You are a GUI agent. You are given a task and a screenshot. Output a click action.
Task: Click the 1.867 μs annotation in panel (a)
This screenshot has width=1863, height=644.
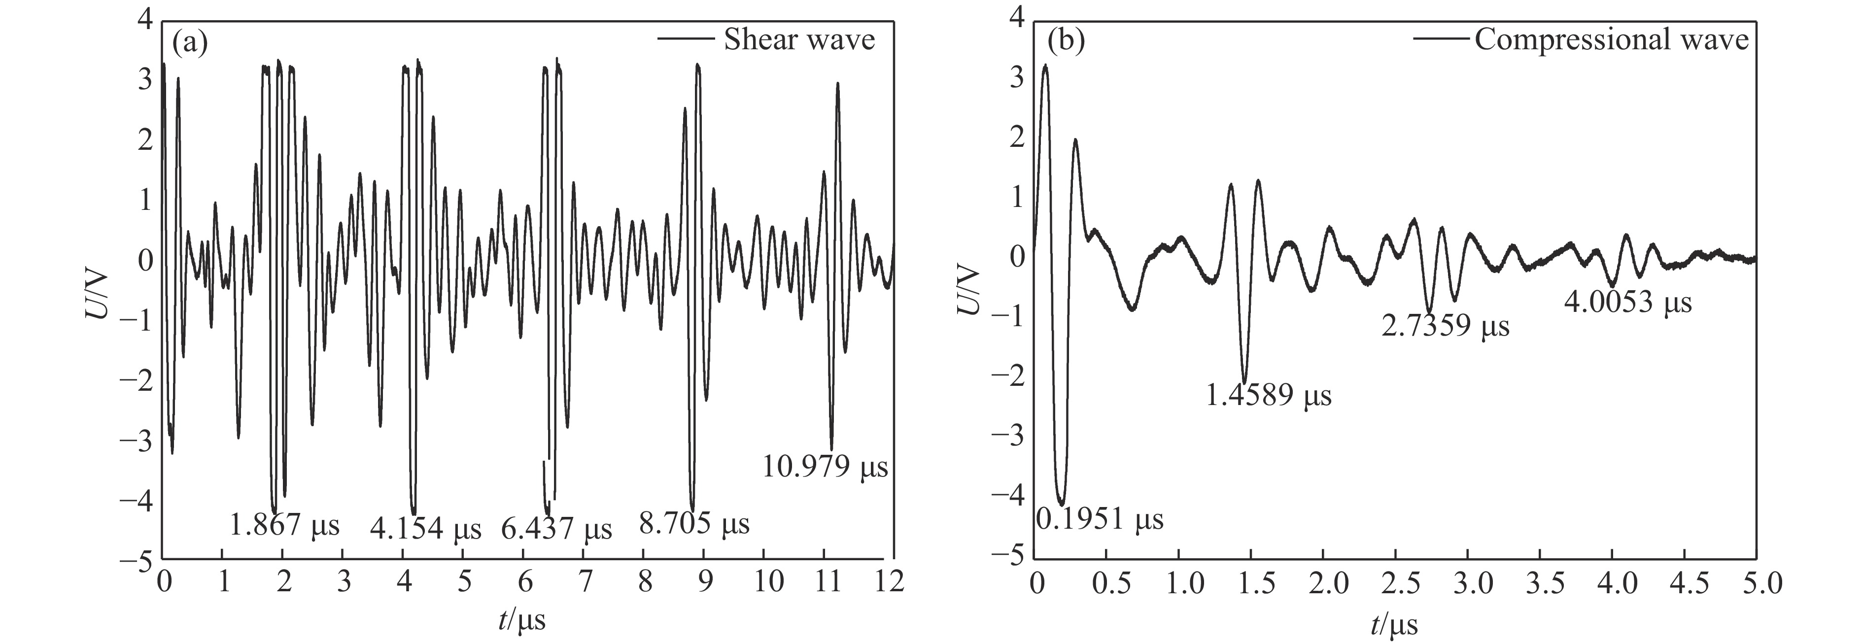coord(284,525)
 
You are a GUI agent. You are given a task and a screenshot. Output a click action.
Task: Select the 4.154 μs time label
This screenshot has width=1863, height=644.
coord(425,530)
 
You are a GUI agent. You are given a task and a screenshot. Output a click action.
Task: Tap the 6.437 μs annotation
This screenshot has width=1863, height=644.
coord(556,530)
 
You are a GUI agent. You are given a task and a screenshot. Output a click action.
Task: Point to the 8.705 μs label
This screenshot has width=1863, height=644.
coord(694,523)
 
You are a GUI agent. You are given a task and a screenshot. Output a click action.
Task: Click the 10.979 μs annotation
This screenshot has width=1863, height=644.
coord(825,468)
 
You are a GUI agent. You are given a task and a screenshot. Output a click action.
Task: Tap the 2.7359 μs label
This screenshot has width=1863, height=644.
coord(1446,327)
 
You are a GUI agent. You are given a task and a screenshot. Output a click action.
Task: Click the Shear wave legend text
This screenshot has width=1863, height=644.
coord(799,40)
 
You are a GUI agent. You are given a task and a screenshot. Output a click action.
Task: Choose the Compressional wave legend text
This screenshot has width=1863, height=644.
coord(1611,40)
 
